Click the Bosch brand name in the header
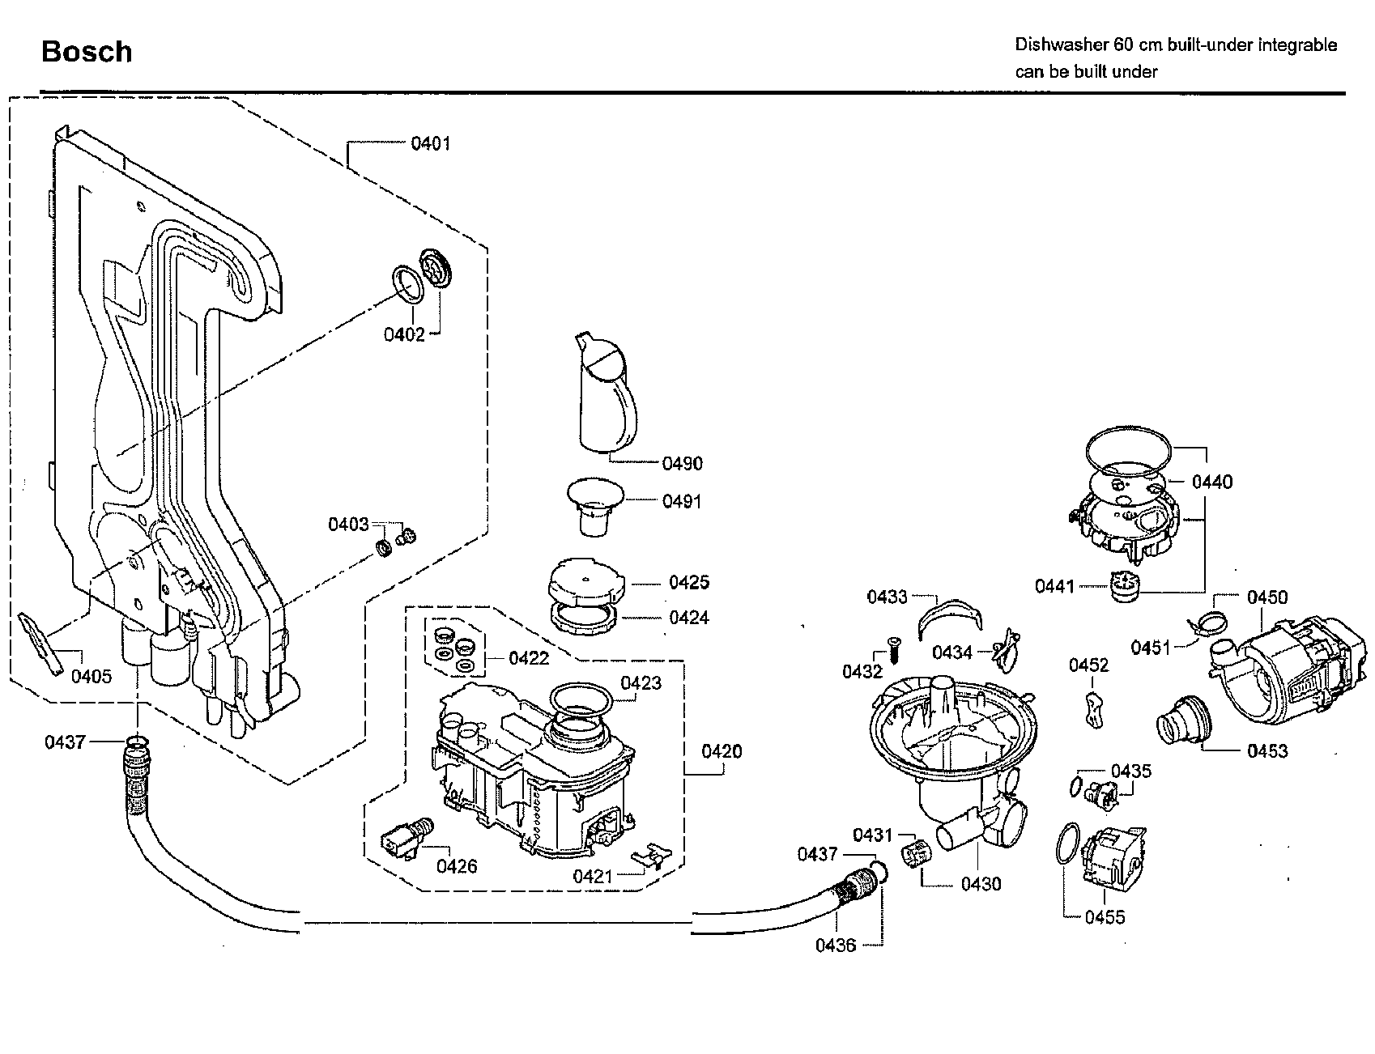87,52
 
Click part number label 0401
430,144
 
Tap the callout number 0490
683,464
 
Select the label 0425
689,582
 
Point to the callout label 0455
1105,917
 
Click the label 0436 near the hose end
836,946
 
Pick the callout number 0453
1267,751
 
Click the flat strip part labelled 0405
40,644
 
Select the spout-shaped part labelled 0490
605,393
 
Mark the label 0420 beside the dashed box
722,752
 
